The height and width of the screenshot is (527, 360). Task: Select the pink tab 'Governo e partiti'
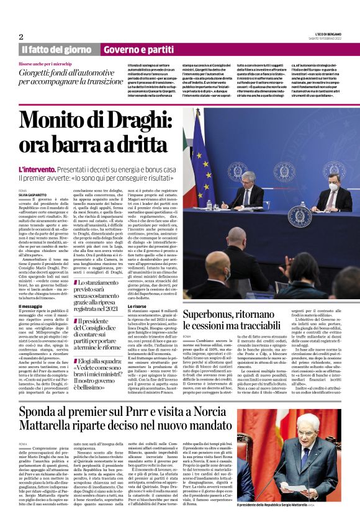(138, 49)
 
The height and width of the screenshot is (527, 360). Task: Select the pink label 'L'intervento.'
(40, 169)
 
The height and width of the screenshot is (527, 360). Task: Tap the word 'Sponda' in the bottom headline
(41, 418)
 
